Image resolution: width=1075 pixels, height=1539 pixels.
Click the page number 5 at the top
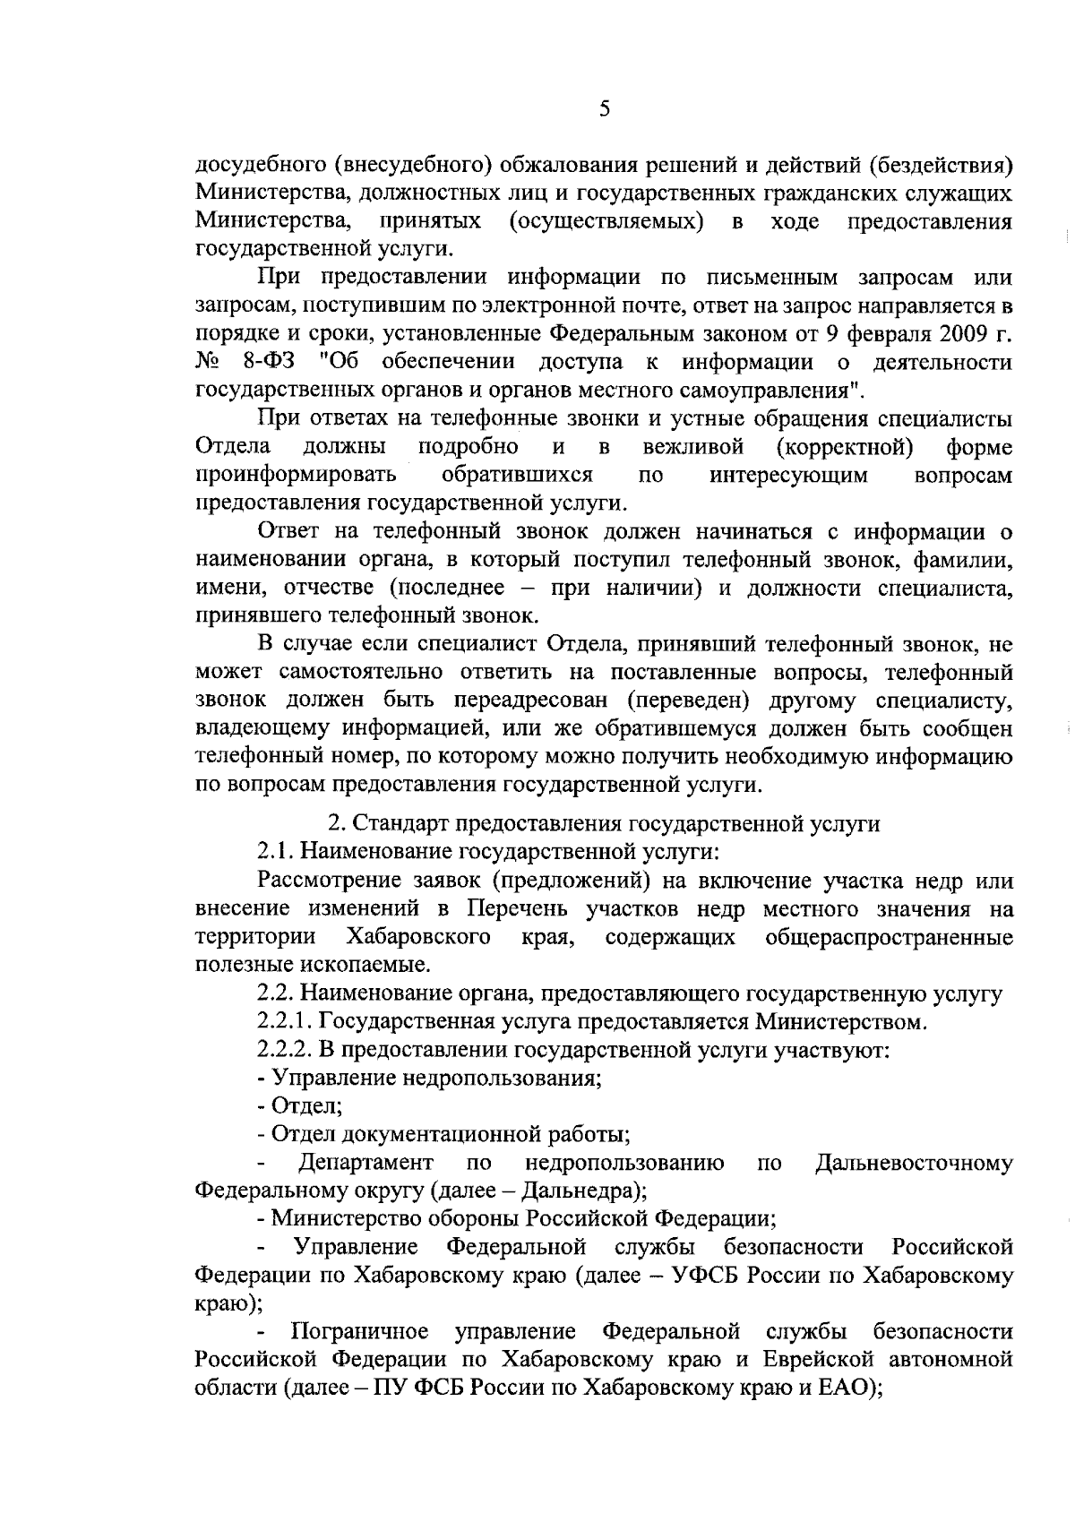pos(604,110)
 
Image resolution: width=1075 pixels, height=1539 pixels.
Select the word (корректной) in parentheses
pos(845,446)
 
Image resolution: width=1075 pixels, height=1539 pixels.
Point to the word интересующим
pos(788,475)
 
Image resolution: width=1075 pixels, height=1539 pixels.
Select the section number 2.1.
pos(272,852)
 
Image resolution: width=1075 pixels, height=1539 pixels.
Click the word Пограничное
pos(360,1332)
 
